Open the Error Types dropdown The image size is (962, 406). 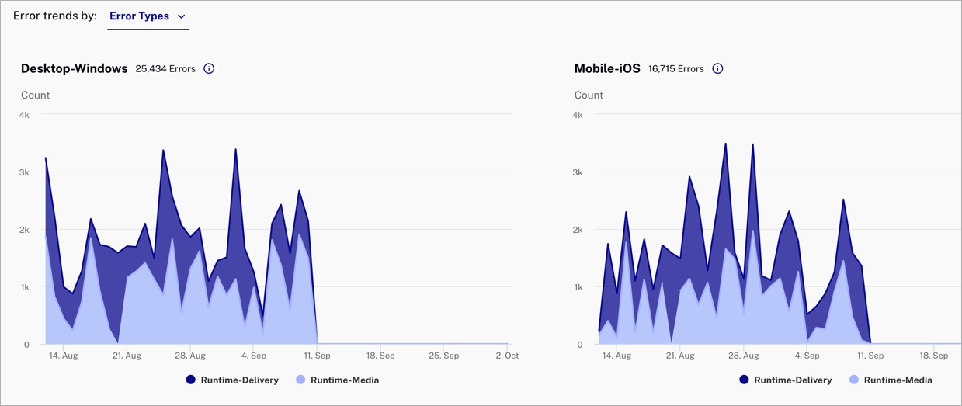pos(148,16)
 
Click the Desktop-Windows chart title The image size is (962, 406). pos(75,68)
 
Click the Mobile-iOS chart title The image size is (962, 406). pos(607,68)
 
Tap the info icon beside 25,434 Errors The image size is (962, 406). pos(209,68)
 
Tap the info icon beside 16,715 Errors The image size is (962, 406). pos(717,68)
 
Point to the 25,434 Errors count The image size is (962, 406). pos(165,69)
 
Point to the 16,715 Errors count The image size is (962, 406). pos(676,69)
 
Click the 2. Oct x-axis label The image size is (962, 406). pos(507,356)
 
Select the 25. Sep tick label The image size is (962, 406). pos(444,356)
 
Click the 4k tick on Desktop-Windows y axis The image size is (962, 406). pos(24,115)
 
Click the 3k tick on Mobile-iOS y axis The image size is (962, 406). pos(578,172)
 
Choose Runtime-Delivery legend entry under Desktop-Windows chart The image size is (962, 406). pos(232,380)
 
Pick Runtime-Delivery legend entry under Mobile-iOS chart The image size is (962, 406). pos(786,380)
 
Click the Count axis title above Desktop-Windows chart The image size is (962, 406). pos(35,95)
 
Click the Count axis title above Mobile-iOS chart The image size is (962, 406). pos(589,95)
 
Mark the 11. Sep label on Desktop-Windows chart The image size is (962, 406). pos(317,356)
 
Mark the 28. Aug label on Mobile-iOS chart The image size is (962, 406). pos(744,356)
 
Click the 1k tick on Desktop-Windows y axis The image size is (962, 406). pos(24,287)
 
